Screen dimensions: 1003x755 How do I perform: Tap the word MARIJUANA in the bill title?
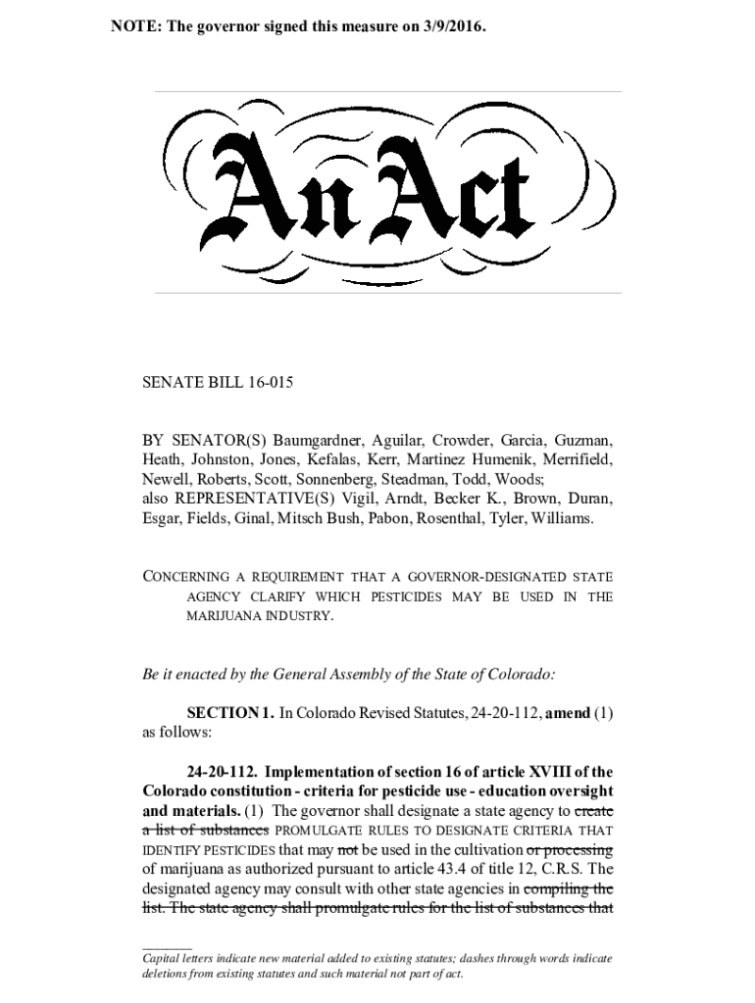(x=219, y=616)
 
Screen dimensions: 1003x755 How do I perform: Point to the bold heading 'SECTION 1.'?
(x=230, y=714)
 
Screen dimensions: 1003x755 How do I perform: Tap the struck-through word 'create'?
(x=593, y=811)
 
